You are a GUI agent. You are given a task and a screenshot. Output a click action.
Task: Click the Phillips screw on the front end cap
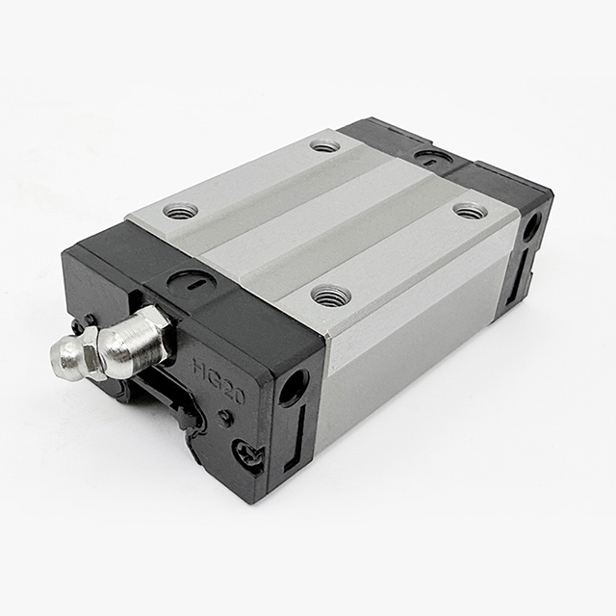click(249, 454)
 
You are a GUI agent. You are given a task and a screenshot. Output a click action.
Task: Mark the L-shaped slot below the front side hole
click(299, 438)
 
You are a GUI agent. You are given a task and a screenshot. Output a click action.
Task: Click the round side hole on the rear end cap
click(530, 228)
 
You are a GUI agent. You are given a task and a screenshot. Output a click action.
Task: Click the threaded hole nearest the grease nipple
click(180, 210)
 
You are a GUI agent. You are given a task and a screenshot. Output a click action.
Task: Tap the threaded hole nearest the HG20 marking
click(331, 295)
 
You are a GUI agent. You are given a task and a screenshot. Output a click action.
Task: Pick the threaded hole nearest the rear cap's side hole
click(471, 211)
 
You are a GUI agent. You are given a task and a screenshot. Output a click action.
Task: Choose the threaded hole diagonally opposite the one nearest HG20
click(325, 145)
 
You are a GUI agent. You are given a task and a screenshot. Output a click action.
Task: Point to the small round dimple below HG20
click(225, 418)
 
